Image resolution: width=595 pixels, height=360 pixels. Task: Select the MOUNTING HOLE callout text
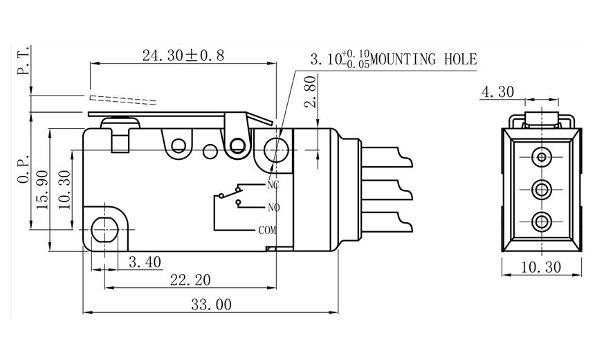(x=423, y=60)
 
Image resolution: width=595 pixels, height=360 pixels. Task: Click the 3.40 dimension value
(x=145, y=262)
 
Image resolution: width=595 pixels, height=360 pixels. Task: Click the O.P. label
(x=24, y=170)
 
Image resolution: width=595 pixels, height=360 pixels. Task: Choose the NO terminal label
(x=273, y=207)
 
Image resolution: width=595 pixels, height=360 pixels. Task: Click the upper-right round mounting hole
(x=277, y=147)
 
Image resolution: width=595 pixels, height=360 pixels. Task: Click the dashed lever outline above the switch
(x=125, y=99)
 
